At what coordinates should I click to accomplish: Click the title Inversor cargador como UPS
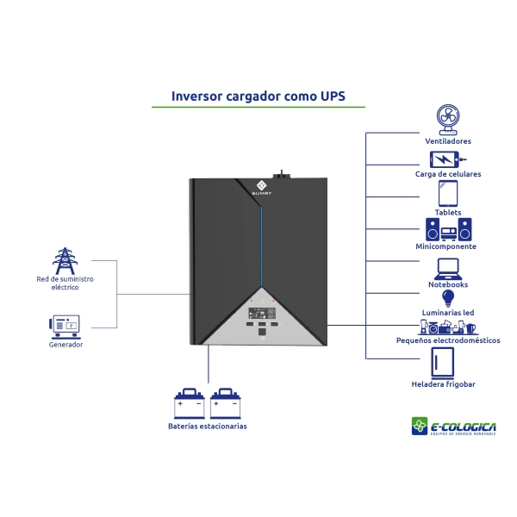click(258, 96)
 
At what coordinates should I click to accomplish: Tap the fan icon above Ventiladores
click(447, 118)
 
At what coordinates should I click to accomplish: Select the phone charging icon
click(445, 159)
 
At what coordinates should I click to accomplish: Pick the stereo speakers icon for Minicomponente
click(449, 229)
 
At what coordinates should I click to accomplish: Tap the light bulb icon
click(447, 299)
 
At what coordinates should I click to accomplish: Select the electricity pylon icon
click(65, 261)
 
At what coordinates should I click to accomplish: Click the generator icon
click(65, 325)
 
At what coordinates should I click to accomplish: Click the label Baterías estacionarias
click(207, 426)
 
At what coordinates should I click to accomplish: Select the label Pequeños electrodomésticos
click(447, 340)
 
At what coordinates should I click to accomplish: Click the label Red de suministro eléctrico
click(65, 283)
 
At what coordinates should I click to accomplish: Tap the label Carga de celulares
click(447, 174)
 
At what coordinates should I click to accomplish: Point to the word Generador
click(65, 345)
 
